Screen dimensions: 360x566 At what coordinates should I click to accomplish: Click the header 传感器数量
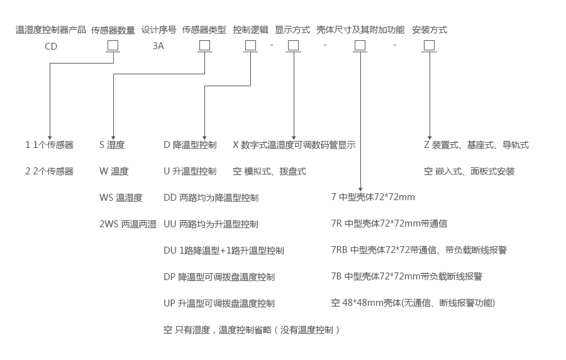click(113, 30)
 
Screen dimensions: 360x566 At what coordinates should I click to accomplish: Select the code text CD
click(51, 46)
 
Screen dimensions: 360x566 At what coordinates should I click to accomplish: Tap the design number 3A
click(158, 46)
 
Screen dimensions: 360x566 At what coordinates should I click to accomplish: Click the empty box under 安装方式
click(429, 45)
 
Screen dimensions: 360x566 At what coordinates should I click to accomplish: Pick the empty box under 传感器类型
click(204, 45)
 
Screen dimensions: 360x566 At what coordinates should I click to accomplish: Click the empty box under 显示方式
click(293, 45)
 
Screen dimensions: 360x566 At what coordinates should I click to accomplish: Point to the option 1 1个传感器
click(49, 145)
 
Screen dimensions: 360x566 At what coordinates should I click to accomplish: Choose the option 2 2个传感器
click(49, 171)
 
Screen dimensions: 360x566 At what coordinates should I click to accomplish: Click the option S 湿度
click(112, 145)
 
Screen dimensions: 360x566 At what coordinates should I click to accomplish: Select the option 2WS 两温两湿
click(128, 224)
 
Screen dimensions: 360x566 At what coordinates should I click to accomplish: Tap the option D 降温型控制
click(190, 145)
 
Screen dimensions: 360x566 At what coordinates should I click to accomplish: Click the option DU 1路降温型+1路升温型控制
click(224, 250)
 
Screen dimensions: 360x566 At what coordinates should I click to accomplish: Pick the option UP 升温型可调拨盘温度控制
click(219, 303)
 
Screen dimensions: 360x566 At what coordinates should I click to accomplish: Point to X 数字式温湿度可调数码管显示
click(294, 145)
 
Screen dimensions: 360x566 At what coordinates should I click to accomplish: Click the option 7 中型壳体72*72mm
click(373, 197)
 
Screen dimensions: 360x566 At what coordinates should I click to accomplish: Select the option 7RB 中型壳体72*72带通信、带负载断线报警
click(419, 250)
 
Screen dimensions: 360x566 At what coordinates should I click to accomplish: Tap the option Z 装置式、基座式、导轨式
click(476, 145)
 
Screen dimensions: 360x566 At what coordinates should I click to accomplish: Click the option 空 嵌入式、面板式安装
click(469, 171)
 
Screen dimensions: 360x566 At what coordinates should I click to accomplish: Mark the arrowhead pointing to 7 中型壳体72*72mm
click(360, 188)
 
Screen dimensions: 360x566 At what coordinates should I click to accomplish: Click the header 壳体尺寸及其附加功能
click(360, 30)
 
